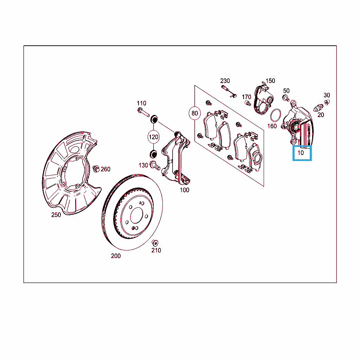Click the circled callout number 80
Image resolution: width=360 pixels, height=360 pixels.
coord(195,113)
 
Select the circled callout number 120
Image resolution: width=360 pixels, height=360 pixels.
coord(153,137)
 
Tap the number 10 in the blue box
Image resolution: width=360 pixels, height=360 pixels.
coord(301,153)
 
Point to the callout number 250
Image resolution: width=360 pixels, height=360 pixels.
coord(56,215)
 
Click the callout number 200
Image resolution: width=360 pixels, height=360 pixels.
coord(116,256)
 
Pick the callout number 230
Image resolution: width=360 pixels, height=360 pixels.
coord(225,81)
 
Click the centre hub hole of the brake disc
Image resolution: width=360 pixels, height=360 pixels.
coord(137,216)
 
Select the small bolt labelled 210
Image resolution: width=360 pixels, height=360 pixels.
coord(155,243)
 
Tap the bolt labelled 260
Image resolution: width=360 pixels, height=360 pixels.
coord(96,169)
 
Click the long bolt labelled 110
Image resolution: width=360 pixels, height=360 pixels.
coord(143,112)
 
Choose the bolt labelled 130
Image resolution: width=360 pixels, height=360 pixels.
coord(155,166)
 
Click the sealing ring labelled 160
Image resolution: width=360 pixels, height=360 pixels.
coord(276,115)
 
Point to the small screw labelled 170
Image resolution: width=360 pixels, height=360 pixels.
coord(248,103)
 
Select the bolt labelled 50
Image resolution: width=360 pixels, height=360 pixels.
coord(286,98)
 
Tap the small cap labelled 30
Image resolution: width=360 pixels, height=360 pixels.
coord(327,102)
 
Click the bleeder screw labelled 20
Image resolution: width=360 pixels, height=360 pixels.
coord(319,108)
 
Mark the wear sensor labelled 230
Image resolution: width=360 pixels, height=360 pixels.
coord(229,91)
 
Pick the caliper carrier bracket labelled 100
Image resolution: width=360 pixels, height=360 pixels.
coord(176,158)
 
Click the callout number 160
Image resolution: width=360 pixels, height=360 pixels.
coord(272,126)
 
